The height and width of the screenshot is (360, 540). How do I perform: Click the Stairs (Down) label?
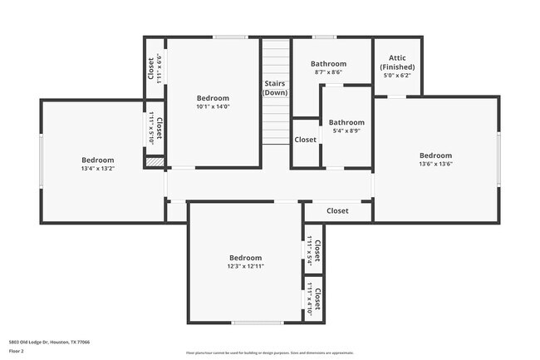point(275,88)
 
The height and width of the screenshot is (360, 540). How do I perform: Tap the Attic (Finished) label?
point(397,62)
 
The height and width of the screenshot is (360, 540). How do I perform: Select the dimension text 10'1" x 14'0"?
point(213,106)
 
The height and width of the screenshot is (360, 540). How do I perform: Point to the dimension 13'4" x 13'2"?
point(97,169)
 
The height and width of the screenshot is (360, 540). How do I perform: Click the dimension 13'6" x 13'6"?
point(435,164)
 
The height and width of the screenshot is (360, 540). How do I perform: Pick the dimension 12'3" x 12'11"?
point(245,266)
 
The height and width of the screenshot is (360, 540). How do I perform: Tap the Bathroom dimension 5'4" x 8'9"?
point(346,131)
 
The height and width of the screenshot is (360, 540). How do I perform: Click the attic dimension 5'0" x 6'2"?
point(397,75)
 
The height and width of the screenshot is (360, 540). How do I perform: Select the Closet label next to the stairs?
point(305,140)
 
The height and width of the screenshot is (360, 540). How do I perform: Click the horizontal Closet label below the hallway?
point(337,210)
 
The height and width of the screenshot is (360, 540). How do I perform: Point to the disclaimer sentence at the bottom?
point(269,353)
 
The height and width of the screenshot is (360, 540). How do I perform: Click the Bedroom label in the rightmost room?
point(435,155)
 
